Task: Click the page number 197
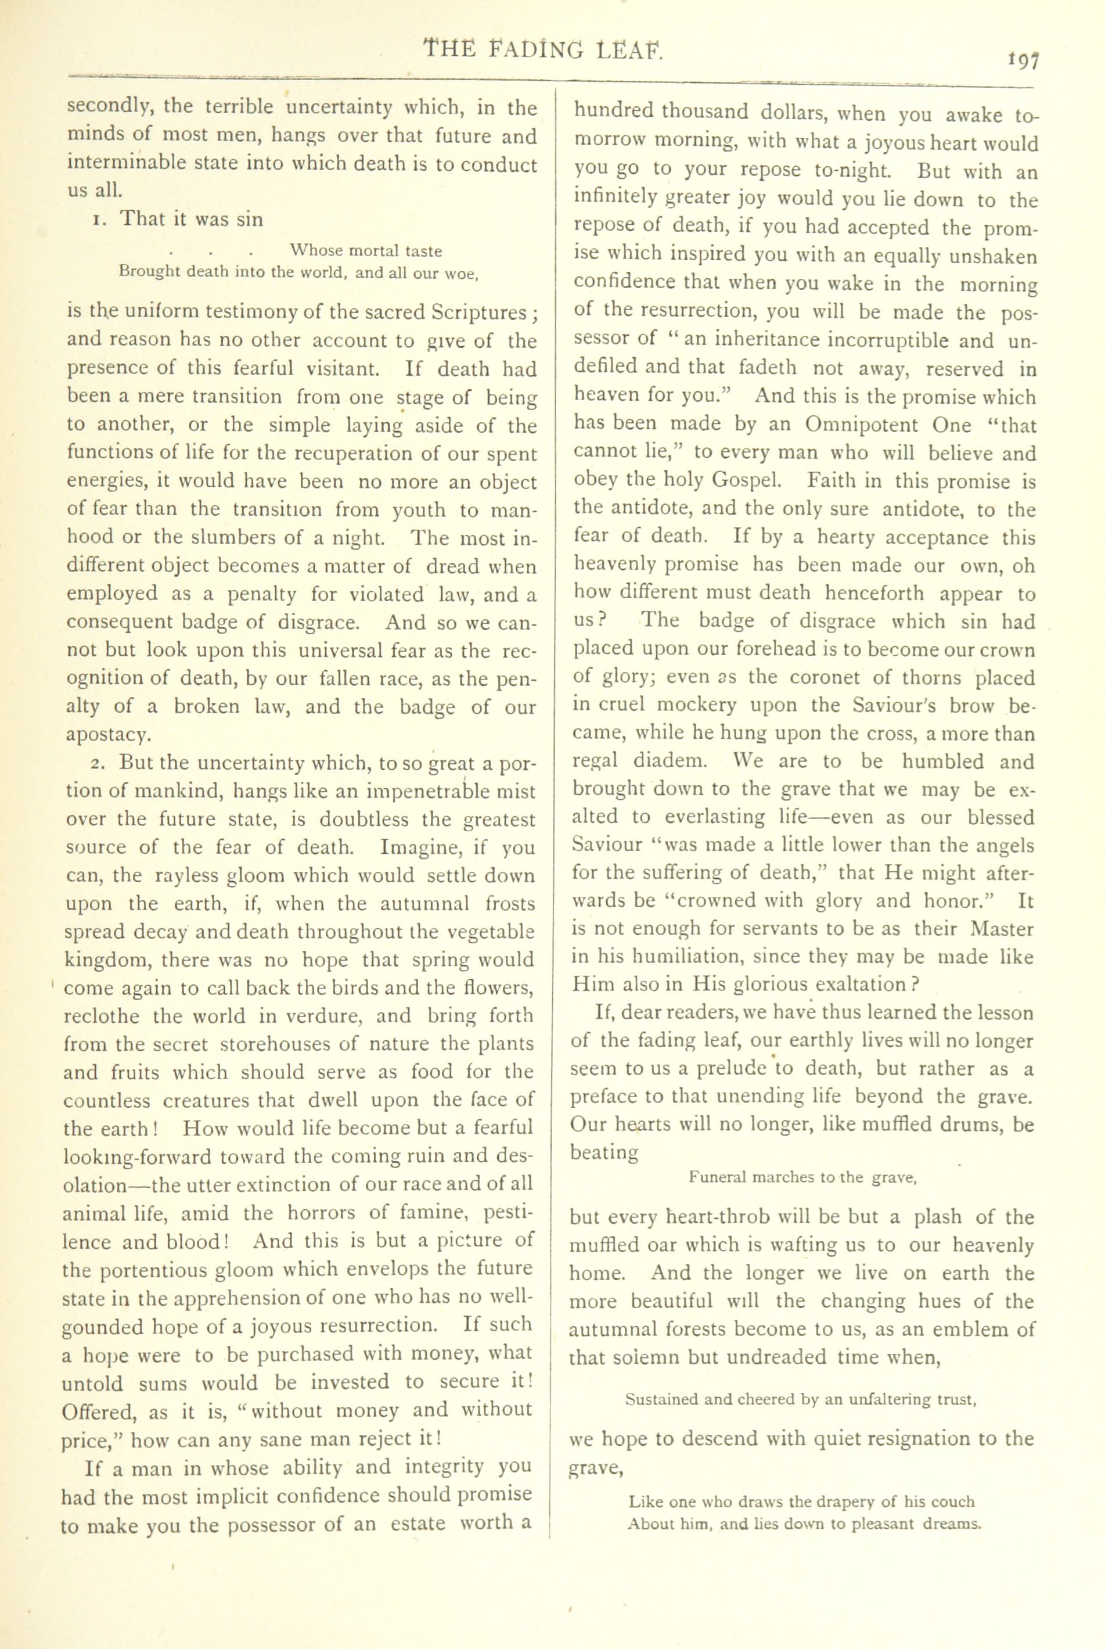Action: (1023, 62)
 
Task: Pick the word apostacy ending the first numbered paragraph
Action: (108, 735)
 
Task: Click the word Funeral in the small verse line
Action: (717, 1177)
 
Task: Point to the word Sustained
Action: (661, 1399)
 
